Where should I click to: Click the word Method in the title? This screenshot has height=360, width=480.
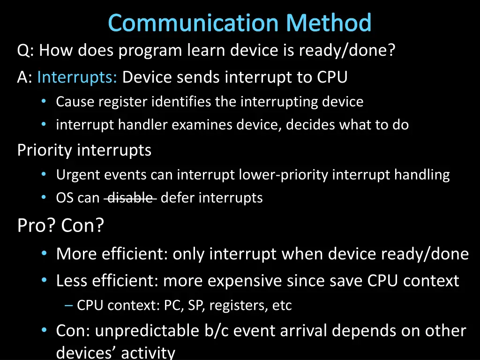(329, 23)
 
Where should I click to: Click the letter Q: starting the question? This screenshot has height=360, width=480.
(25, 50)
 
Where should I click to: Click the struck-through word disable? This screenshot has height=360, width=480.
(130, 198)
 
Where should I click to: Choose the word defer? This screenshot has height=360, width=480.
(178, 198)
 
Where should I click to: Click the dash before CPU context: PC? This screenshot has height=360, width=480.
(69, 306)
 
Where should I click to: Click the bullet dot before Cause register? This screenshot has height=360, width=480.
(44, 101)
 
